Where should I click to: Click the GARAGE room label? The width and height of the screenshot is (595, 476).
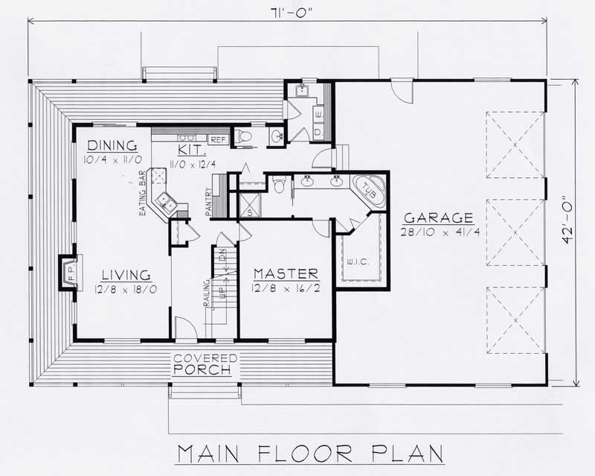(x=438, y=218)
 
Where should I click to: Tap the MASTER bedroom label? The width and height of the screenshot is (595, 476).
(x=286, y=273)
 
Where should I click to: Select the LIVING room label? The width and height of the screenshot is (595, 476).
(x=126, y=274)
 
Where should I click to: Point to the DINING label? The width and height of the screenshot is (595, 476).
(x=112, y=145)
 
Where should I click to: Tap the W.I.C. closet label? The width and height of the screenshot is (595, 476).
(x=353, y=261)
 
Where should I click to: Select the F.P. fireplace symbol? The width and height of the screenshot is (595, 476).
(x=65, y=272)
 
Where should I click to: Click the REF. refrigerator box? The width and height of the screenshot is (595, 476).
(x=218, y=139)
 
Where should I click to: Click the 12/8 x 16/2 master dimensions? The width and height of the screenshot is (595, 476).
(x=286, y=288)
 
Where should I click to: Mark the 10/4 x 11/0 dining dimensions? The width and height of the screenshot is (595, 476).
(x=112, y=159)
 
